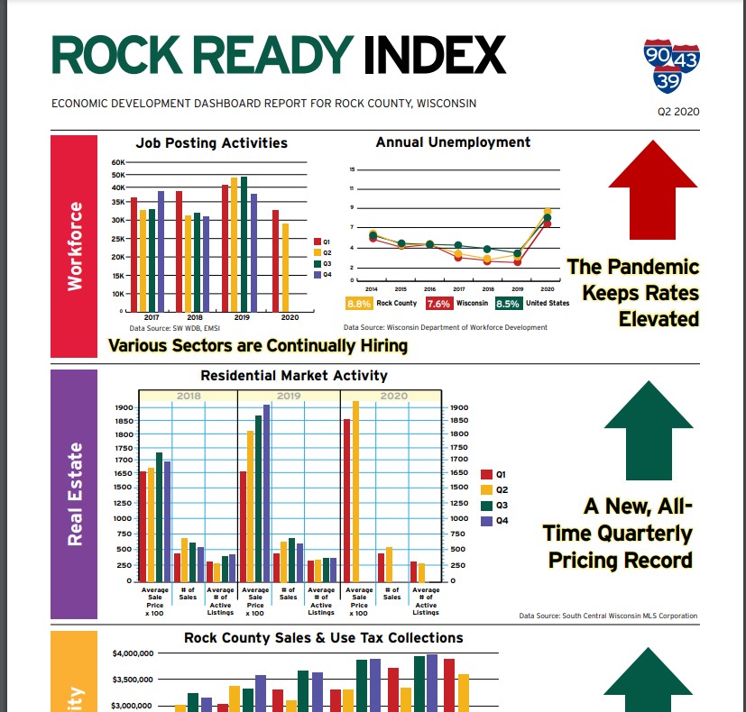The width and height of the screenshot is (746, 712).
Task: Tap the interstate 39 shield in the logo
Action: click(x=668, y=81)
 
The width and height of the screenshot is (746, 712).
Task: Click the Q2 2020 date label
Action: click(x=679, y=112)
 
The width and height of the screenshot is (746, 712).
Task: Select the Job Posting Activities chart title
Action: click(x=211, y=142)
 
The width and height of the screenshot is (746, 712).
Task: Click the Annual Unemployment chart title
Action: click(x=453, y=141)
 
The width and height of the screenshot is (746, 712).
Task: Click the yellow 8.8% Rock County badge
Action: click(x=360, y=304)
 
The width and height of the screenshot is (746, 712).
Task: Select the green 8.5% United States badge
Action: click(x=509, y=304)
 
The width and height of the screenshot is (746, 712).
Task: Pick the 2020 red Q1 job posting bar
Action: click(x=275, y=260)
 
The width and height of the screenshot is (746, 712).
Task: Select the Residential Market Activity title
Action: click(x=293, y=375)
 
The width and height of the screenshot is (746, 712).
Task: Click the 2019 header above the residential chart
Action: click(x=289, y=396)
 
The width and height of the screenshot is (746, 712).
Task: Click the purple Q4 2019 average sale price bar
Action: click(x=266, y=493)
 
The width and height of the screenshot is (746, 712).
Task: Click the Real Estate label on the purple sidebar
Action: click(x=75, y=493)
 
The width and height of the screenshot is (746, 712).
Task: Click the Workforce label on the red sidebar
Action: click(x=75, y=245)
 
